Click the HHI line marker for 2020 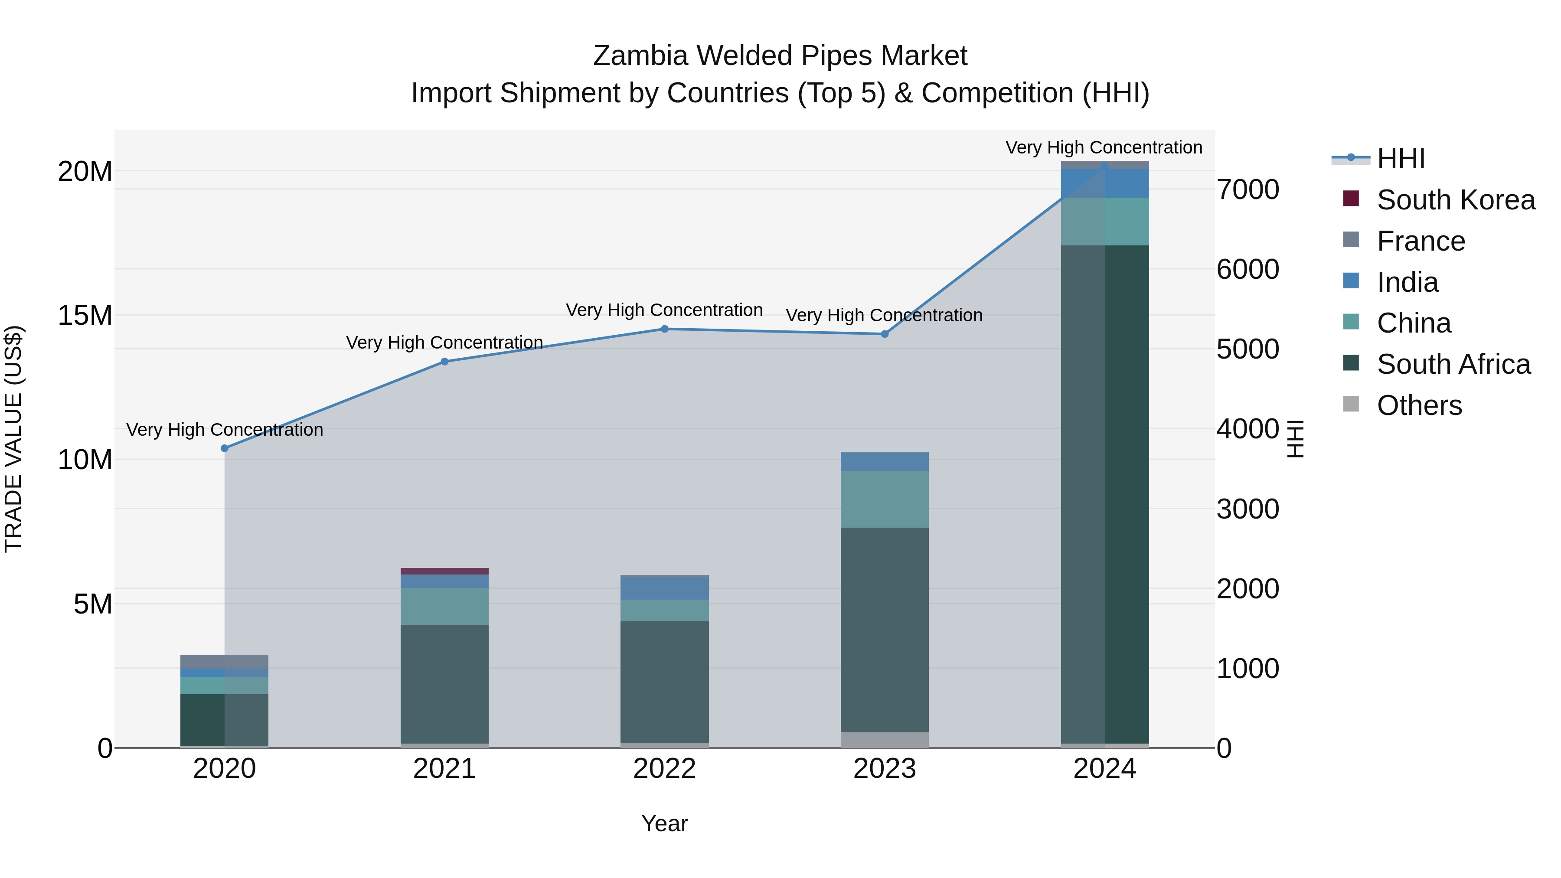tap(224, 448)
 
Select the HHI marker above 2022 tap(664, 329)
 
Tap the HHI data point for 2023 tap(884, 334)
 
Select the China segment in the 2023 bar tap(884, 499)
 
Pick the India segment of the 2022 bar tap(664, 589)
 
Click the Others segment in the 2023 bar tap(884, 740)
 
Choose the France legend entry tap(1421, 241)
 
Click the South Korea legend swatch tap(1351, 199)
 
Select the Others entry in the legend tap(1419, 405)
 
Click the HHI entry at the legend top tap(1401, 159)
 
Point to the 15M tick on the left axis tap(85, 316)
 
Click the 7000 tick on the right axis tap(1247, 189)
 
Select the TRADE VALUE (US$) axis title tap(13, 439)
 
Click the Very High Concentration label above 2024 tap(1104, 147)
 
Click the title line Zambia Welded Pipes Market tap(780, 56)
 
